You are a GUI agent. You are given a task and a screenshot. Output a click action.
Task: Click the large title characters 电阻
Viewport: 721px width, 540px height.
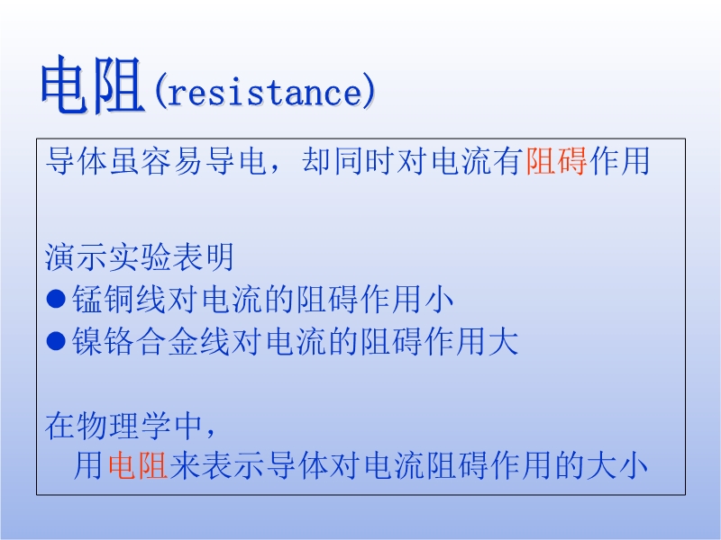[x=93, y=85]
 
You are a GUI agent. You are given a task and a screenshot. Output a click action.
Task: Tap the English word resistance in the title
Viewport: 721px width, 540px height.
[x=265, y=92]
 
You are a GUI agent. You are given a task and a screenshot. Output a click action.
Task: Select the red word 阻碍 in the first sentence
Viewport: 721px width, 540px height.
[x=556, y=161]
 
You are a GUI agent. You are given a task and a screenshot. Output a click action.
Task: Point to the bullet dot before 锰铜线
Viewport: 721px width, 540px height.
[x=56, y=300]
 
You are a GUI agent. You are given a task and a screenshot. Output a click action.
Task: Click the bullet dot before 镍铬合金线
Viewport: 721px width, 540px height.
[x=56, y=342]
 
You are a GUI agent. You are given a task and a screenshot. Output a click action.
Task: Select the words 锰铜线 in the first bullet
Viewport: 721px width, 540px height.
[x=119, y=300]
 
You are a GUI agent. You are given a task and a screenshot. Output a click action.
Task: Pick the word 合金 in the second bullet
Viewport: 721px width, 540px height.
[x=168, y=342]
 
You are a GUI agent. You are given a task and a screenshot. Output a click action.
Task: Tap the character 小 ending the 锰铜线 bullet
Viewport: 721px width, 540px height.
[x=439, y=300]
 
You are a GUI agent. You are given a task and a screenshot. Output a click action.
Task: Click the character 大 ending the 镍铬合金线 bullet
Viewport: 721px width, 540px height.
[x=504, y=342]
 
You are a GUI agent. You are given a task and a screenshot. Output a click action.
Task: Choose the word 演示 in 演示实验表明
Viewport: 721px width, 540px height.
[x=77, y=256]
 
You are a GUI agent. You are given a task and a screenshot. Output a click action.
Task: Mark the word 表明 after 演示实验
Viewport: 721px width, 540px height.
[x=203, y=256]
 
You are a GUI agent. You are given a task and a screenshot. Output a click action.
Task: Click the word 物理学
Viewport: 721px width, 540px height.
[x=123, y=426]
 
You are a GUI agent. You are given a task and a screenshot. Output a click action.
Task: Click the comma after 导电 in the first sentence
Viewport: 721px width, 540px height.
[x=275, y=167]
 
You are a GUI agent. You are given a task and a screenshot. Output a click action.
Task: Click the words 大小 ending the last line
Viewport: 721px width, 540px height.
[x=617, y=465]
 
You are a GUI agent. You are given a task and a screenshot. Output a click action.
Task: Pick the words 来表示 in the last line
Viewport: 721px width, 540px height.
[x=217, y=465]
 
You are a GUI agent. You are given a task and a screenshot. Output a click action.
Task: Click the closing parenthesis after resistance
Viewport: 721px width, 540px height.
[x=370, y=91]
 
